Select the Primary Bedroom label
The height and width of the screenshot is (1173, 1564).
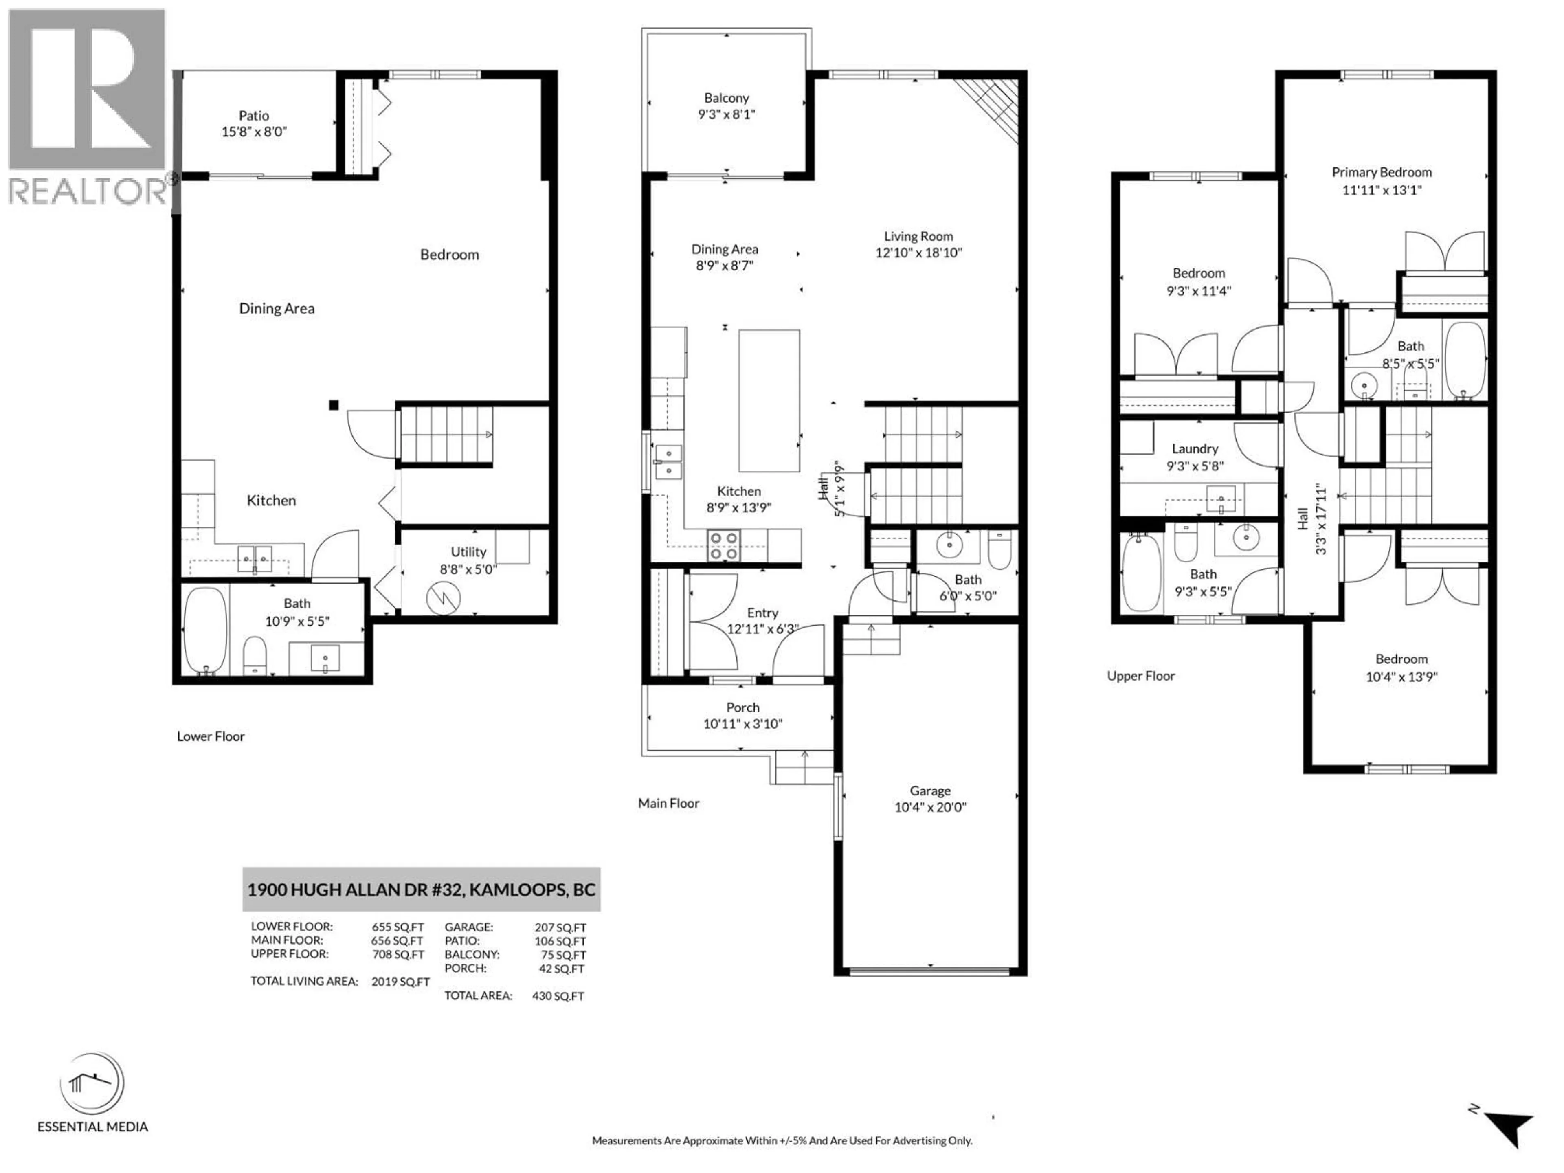pyautogui.click(x=1382, y=172)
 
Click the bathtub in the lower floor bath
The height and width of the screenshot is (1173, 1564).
pyautogui.click(x=205, y=630)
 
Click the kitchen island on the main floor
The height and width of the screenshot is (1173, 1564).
pyautogui.click(x=769, y=400)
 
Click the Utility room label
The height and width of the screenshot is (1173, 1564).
pyautogui.click(x=468, y=551)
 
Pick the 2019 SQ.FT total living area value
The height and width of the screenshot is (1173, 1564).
pyautogui.click(x=400, y=982)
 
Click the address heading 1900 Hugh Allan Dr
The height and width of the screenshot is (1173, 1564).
pyautogui.click(x=422, y=890)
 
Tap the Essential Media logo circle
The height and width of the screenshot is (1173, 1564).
pyautogui.click(x=92, y=1083)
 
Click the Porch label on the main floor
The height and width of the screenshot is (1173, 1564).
pyautogui.click(x=742, y=707)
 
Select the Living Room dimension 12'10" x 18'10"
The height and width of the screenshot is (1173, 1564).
pyautogui.click(x=918, y=253)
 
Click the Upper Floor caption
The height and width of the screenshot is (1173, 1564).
pyautogui.click(x=1140, y=676)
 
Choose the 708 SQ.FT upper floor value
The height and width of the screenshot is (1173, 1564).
pyautogui.click(x=398, y=955)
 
